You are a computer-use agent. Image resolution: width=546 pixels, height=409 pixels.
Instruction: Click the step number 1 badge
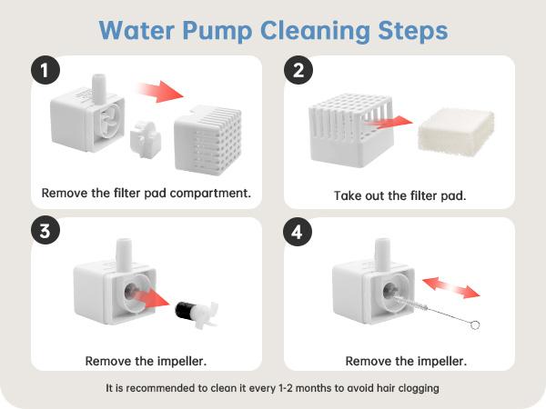pos(45,70)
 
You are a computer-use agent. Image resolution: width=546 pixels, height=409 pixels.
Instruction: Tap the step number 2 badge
pos(298,70)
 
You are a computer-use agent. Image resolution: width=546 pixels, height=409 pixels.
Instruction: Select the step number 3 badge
pos(45,231)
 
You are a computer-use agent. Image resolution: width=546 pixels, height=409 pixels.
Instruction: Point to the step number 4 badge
pos(297,232)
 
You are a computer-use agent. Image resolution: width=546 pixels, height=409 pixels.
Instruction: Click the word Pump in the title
pos(217,31)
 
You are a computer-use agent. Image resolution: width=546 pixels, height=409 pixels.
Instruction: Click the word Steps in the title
pos(412,31)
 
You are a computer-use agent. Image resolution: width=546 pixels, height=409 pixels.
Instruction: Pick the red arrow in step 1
pos(160,91)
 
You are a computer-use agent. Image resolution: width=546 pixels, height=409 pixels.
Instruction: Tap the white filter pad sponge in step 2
pos(456,129)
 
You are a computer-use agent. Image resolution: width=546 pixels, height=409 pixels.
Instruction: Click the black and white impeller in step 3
pos(196,313)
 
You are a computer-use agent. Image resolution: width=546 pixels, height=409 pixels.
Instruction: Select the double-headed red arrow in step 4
pos(451,288)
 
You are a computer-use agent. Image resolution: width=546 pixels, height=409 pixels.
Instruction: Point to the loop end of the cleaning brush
pos(475,325)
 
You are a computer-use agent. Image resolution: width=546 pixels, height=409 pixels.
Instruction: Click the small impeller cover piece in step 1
pos(146,138)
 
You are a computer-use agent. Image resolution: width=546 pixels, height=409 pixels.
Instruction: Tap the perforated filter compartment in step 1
pos(207,139)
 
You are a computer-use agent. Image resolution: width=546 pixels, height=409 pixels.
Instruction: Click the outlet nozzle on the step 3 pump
pos(124,253)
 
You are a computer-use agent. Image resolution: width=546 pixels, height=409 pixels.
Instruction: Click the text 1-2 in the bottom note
pos(286,388)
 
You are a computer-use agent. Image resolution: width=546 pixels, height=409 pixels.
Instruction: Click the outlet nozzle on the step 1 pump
pos(98,88)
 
